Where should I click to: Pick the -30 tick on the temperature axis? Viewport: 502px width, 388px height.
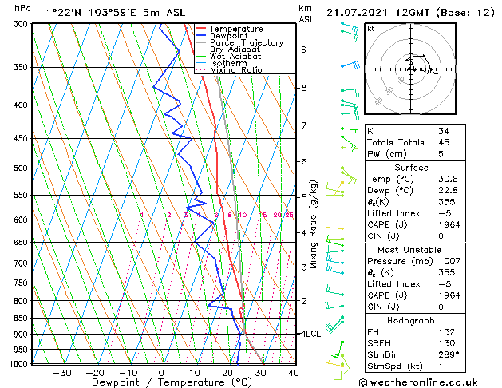tap(62, 373)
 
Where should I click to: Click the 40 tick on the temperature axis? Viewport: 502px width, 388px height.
tap(294, 373)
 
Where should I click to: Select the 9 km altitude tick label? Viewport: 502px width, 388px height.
tap(304, 49)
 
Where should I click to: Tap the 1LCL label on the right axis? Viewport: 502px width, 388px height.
tap(309, 333)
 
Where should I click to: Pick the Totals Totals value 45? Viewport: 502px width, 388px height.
tap(443, 142)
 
